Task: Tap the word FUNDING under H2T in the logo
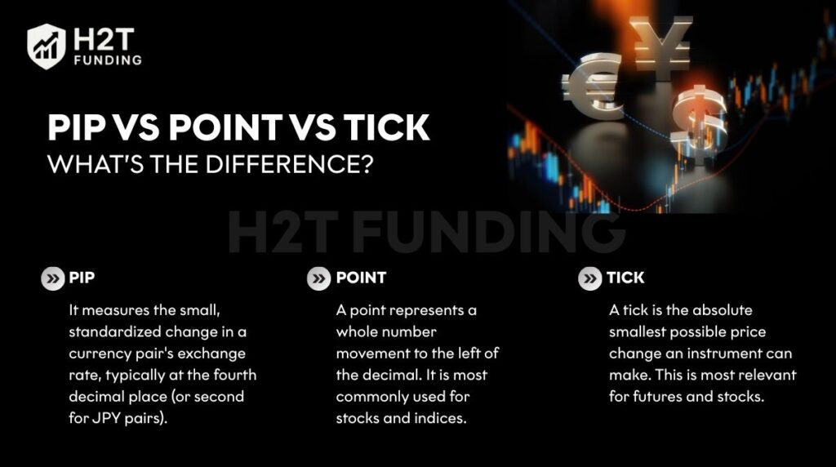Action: (107, 60)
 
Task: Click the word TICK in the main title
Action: (385, 129)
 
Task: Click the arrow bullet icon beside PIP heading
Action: (53, 278)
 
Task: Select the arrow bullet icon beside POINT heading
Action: (318, 278)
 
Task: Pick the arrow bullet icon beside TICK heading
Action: (589, 278)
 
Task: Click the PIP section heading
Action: (82, 278)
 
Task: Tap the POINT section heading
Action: (361, 278)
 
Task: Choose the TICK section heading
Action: (625, 278)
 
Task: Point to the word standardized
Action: (114, 332)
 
